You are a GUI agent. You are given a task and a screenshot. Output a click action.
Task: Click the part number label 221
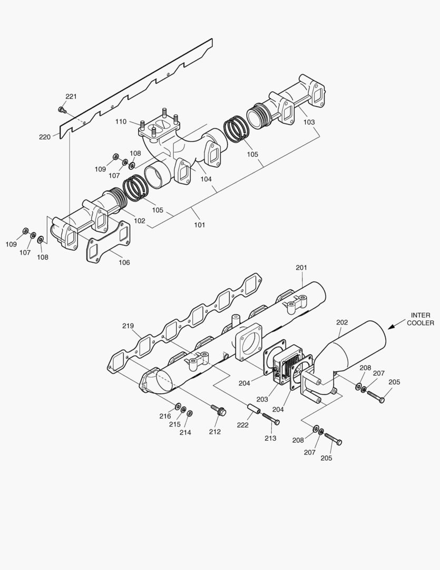coord(71,96)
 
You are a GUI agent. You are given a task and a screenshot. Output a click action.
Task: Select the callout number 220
coord(45,137)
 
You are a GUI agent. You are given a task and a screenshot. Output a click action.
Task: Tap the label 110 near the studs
coord(121,122)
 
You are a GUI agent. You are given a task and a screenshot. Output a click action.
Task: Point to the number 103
coord(309,122)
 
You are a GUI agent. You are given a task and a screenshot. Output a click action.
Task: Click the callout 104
coord(206,179)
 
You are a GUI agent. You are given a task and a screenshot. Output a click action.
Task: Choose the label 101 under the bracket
coord(199,225)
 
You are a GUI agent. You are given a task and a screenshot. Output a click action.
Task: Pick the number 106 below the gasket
coord(124,262)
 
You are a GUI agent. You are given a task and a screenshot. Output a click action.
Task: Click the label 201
coord(301,268)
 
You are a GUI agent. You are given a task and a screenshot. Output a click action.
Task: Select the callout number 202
coord(342,322)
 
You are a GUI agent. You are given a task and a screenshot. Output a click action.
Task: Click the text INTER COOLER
coord(420,319)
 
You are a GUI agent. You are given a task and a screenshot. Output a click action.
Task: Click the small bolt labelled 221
coord(61,110)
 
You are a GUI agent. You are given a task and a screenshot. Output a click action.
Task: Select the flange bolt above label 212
coord(217,409)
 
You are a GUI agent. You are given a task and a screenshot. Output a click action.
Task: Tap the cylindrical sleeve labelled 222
coord(253,409)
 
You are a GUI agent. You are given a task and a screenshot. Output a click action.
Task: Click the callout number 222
coord(242,425)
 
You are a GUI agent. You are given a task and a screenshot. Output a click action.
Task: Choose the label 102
coord(139,221)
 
